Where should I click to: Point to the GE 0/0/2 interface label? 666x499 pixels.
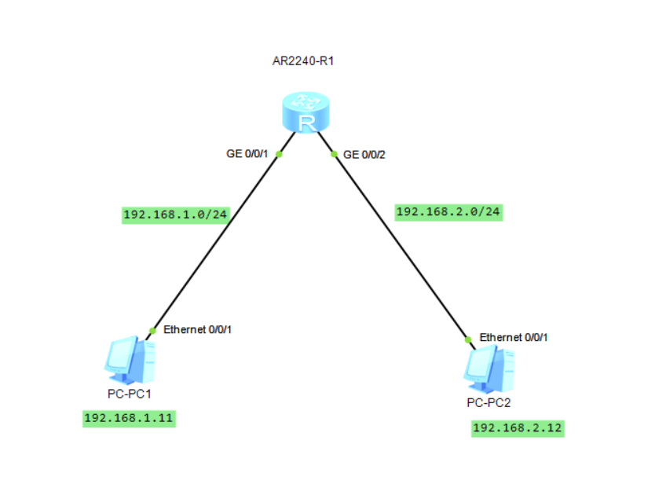[x=364, y=155]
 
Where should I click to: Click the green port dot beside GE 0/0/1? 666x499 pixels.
[x=279, y=154]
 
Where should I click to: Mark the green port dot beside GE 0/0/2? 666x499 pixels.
[x=335, y=154]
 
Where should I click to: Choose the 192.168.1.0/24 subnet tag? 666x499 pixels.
[x=175, y=215]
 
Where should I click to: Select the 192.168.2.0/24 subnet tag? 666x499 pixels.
[x=448, y=211]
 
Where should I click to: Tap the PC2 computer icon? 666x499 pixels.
[x=489, y=369]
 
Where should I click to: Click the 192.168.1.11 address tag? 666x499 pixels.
[x=128, y=418]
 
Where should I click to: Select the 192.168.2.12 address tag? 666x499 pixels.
[x=518, y=428]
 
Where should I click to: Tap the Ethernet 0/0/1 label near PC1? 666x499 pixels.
[x=197, y=330]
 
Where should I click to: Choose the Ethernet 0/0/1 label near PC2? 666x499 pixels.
[x=514, y=337]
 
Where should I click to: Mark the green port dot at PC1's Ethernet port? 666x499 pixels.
[x=153, y=330]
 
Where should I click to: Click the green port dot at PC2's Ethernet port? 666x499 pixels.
[x=468, y=339]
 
